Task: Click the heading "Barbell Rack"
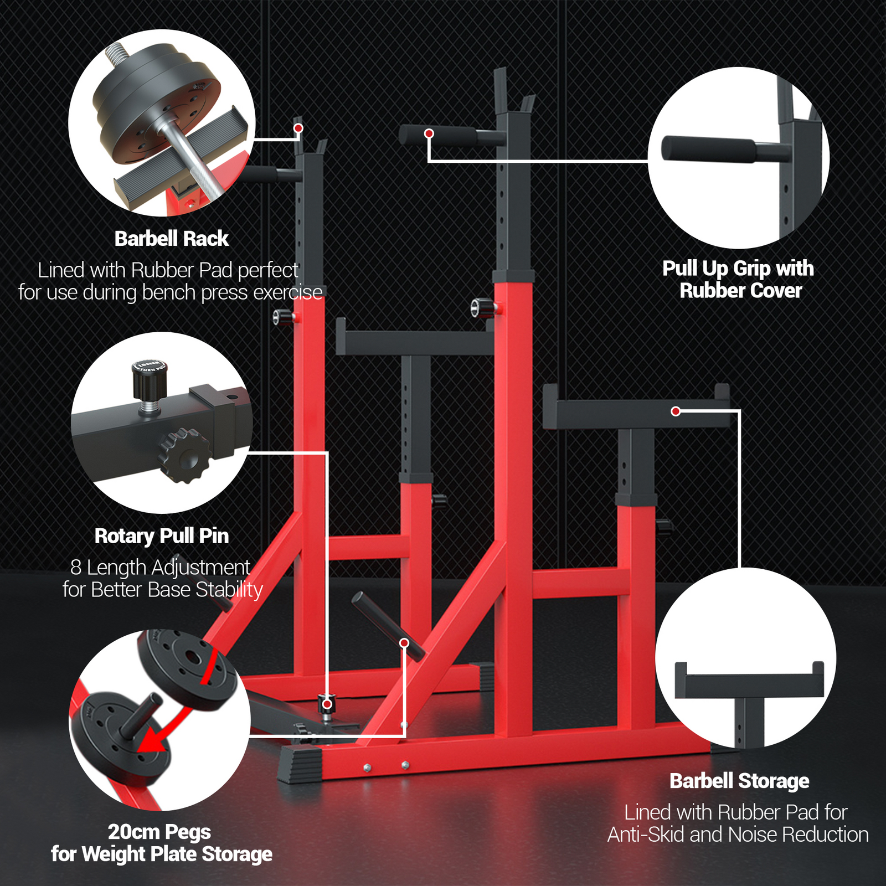(171, 239)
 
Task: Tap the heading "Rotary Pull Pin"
(162, 536)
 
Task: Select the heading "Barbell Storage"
(739, 781)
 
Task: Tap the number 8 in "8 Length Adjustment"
(76, 568)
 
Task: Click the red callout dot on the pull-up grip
(429, 133)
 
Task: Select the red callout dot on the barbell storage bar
(676, 411)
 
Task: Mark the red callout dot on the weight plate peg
(404, 643)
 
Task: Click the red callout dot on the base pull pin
(327, 704)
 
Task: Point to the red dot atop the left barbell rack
(298, 128)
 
